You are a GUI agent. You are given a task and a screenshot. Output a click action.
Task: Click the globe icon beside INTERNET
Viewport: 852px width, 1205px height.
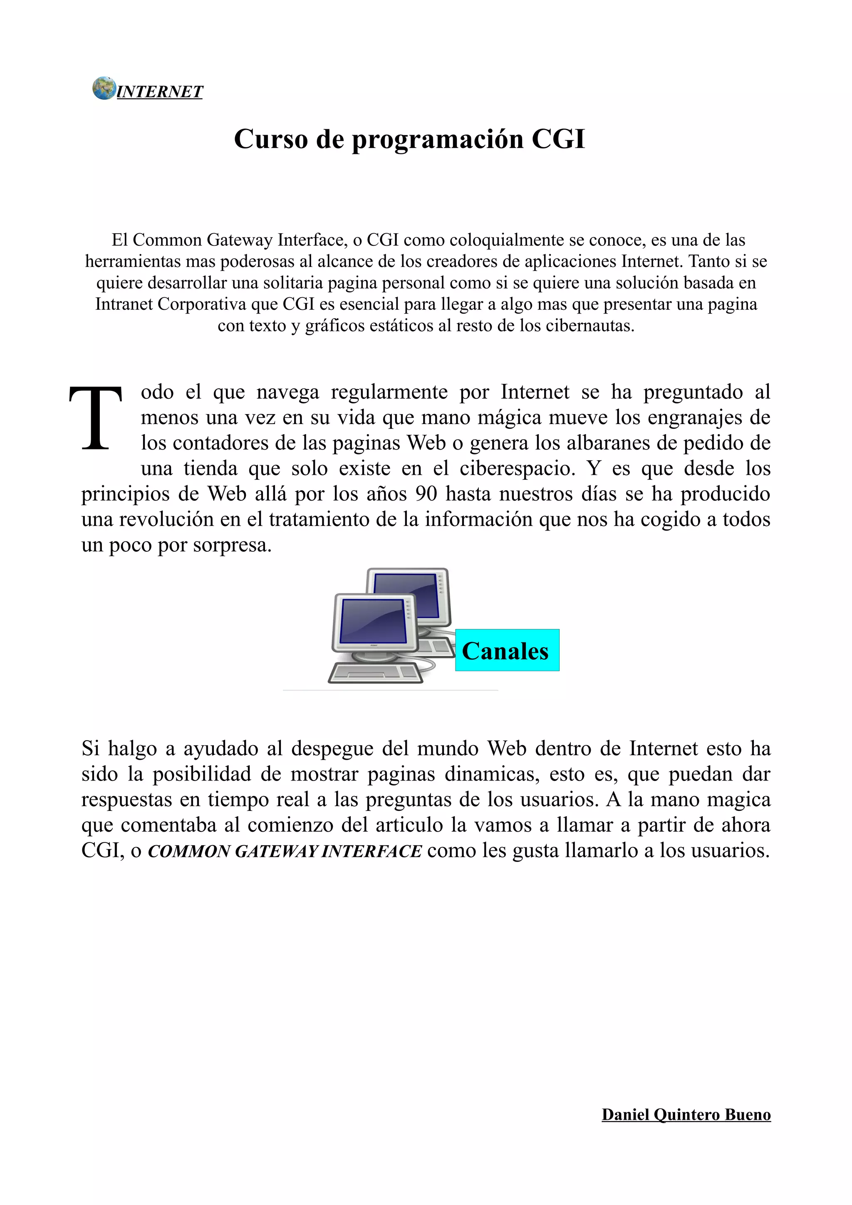point(104,88)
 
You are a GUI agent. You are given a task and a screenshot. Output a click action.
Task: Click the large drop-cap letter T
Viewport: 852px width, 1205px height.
point(96,418)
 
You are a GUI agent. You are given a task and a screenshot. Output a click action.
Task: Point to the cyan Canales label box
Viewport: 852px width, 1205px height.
point(507,650)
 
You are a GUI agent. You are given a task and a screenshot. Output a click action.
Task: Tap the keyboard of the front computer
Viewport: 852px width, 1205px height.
point(375,673)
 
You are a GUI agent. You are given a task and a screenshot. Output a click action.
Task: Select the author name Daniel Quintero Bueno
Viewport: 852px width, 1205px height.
point(686,1114)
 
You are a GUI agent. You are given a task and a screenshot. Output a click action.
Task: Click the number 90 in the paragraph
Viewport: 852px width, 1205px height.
point(426,494)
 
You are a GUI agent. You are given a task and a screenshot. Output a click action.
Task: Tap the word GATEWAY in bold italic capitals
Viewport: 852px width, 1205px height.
point(275,851)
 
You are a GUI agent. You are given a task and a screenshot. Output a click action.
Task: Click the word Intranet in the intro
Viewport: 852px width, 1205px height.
point(124,304)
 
